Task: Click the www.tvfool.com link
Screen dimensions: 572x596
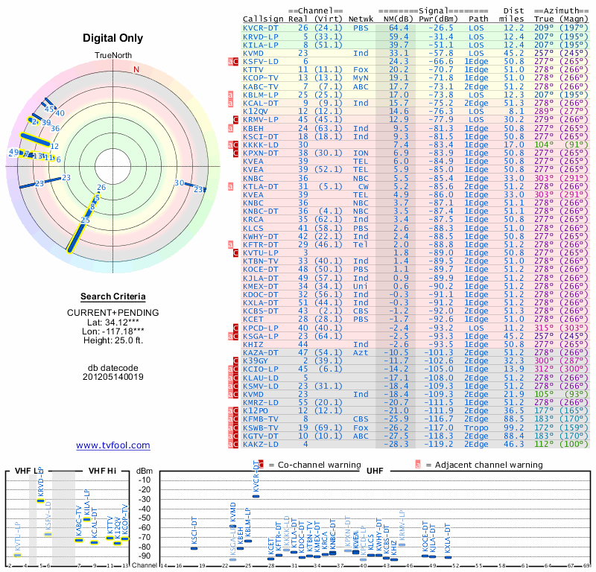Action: coord(112,445)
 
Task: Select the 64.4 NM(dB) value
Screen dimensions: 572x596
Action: coord(399,28)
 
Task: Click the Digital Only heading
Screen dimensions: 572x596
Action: coord(112,38)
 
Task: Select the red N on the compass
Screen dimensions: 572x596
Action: coord(136,70)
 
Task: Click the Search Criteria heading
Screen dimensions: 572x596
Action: coord(112,296)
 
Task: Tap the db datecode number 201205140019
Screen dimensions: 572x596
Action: coord(112,376)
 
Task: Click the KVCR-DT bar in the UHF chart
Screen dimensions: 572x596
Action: coord(256,495)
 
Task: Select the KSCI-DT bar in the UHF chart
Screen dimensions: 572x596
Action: coord(194,548)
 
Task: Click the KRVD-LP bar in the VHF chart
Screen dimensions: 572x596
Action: coord(40,500)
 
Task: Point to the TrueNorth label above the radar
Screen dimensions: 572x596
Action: coord(112,57)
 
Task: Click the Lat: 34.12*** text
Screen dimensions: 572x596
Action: coord(112,322)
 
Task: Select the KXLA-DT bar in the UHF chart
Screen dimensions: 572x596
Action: coord(447,556)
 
